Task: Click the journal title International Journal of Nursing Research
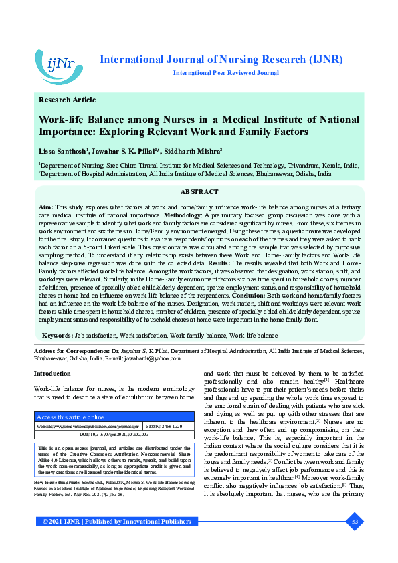point(221,60)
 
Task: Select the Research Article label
point(68,100)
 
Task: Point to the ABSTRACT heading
point(199,192)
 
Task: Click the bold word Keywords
point(58,334)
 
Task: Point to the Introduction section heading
point(52,373)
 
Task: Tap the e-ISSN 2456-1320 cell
point(164,425)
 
